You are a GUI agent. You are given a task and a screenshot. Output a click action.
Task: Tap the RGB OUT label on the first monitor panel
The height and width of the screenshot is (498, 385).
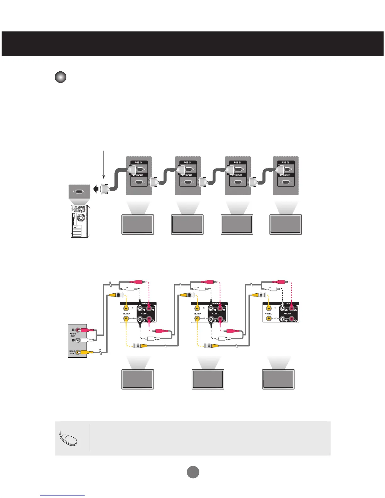(x=138, y=175)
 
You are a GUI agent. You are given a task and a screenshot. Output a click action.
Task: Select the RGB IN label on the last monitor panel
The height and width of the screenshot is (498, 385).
(x=285, y=163)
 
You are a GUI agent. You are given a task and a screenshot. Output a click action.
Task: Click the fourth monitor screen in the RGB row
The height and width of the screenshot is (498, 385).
(x=286, y=224)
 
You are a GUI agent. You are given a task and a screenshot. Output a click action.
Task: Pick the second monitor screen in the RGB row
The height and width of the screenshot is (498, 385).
(x=187, y=224)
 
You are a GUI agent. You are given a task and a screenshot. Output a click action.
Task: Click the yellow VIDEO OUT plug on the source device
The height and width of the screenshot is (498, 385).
(x=85, y=352)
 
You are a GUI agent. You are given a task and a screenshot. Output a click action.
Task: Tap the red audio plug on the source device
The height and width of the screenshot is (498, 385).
(x=86, y=330)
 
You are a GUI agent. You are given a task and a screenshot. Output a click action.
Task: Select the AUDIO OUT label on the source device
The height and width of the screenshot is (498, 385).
(x=73, y=335)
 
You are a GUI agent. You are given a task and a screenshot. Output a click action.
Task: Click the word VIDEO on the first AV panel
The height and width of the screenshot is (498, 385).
(x=126, y=313)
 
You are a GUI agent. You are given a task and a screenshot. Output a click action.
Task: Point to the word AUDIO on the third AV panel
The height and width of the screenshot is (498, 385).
(x=287, y=313)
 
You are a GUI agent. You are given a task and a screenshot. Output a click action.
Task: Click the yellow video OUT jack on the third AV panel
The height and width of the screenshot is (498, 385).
(x=269, y=318)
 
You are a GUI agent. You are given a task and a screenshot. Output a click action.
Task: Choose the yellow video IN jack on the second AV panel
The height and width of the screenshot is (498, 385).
(x=197, y=308)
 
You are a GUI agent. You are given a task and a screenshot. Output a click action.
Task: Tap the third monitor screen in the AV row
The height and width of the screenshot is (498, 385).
(x=278, y=379)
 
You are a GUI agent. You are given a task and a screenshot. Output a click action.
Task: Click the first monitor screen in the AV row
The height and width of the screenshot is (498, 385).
(x=137, y=379)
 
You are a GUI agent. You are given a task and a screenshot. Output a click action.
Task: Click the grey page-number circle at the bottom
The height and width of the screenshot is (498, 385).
(x=193, y=472)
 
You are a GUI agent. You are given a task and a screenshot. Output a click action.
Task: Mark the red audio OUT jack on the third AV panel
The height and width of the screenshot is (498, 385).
(x=292, y=319)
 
